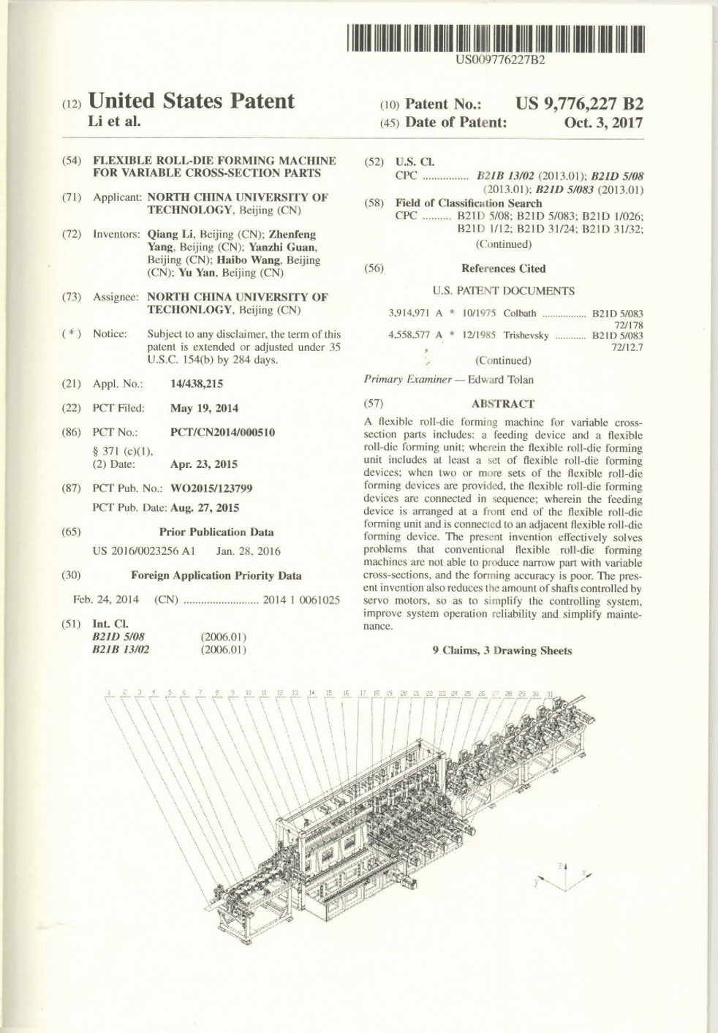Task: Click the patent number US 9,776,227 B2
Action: (x=579, y=104)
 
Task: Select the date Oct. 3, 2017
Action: (x=603, y=123)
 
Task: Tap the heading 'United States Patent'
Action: (x=191, y=101)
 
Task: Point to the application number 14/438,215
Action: (x=197, y=384)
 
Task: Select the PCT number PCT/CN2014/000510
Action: (x=222, y=432)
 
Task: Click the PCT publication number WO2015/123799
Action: (x=212, y=488)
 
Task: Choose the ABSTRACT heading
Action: (x=503, y=404)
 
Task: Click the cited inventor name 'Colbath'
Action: (x=520, y=314)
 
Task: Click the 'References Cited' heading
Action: (x=503, y=268)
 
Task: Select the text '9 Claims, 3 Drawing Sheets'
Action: (x=502, y=651)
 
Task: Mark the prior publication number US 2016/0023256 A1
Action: (x=144, y=551)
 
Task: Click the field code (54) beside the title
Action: (x=71, y=161)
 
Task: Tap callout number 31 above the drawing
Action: (x=550, y=693)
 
